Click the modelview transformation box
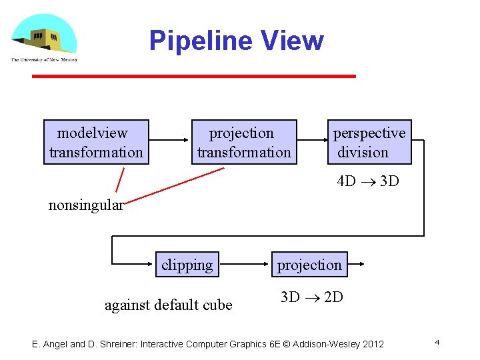click(x=96, y=142)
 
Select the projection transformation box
click(x=244, y=142)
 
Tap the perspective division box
click(x=369, y=142)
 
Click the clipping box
click(x=187, y=265)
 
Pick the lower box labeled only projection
click(x=309, y=265)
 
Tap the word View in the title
click(x=293, y=41)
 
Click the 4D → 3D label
click(x=368, y=181)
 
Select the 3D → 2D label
click(x=311, y=297)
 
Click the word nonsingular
click(x=86, y=205)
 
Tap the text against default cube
click(x=169, y=305)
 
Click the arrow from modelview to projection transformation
click(x=169, y=141)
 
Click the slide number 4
click(x=437, y=342)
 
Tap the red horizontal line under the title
click(x=194, y=77)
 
